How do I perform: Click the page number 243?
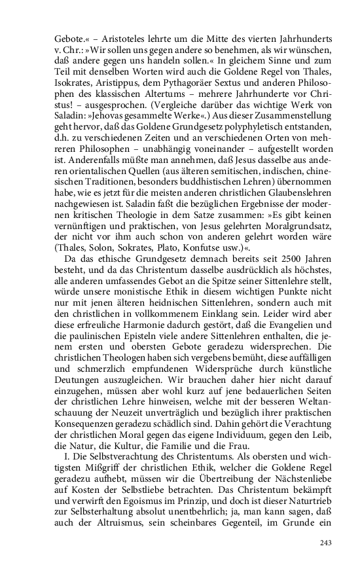[325, 543]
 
